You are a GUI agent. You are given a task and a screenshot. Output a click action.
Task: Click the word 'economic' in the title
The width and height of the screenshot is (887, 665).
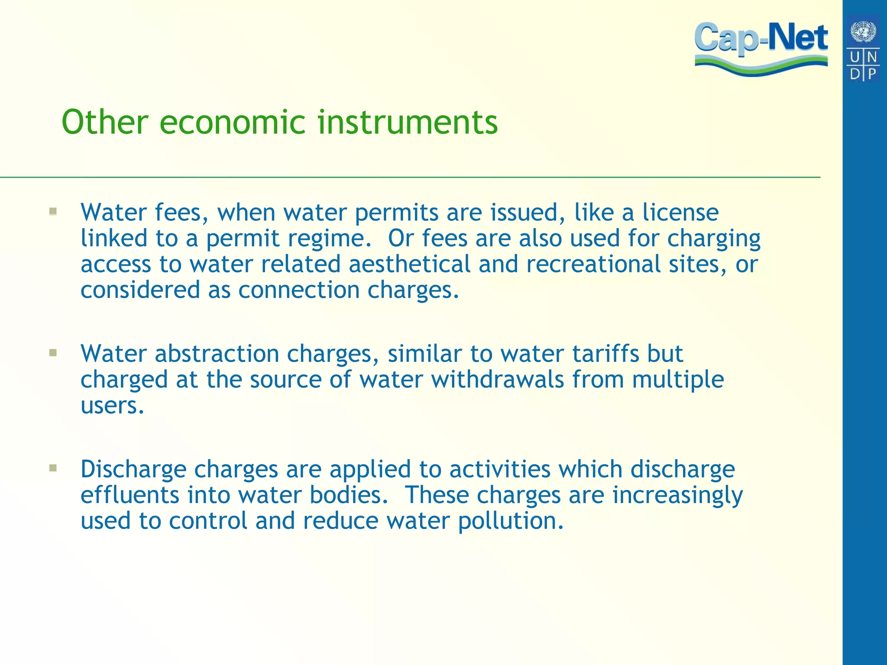click(234, 122)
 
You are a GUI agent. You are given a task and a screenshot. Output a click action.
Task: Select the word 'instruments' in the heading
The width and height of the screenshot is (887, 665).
click(408, 122)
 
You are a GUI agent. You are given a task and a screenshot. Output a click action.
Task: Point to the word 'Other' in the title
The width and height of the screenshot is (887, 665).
click(105, 122)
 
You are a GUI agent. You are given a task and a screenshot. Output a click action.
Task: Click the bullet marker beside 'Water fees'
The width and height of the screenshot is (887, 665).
click(53, 212)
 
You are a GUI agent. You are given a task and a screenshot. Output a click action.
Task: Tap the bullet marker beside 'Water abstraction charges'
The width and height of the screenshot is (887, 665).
click(53, 353)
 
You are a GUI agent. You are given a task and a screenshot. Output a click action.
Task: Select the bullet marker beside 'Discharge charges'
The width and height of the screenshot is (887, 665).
click(53, 468)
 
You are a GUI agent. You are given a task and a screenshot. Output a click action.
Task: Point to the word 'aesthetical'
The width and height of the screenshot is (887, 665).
click(409, 264)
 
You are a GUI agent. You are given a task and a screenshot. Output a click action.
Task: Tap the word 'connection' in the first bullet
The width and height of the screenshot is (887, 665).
click(299, 290)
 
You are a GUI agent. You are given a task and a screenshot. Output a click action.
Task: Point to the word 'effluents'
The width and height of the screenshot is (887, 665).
click(129, 495)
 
